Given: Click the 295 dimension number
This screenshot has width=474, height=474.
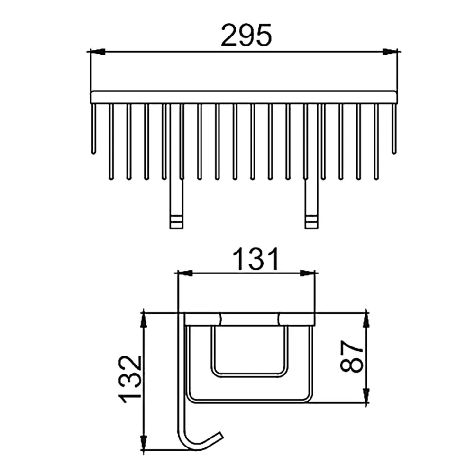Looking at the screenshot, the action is [x=246, y=35].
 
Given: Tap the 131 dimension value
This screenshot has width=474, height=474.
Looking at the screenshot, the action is [x=255, y=259].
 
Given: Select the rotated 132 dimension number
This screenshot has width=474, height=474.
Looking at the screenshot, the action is [x=131, y=379].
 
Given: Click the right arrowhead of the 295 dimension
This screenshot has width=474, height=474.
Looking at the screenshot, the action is [x=390, y=52].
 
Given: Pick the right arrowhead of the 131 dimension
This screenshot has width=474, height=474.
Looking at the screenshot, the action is [x=308, y=273].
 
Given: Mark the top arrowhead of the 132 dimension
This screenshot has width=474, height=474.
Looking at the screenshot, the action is [x=144, y=320].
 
